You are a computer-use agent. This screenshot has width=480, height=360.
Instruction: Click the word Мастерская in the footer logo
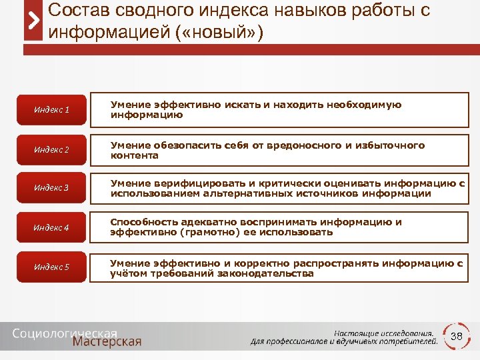tap(107, 342)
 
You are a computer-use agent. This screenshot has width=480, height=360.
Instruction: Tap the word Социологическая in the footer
tap(65, 332)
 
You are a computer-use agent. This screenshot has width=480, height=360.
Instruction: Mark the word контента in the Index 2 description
tap(135, 155)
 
